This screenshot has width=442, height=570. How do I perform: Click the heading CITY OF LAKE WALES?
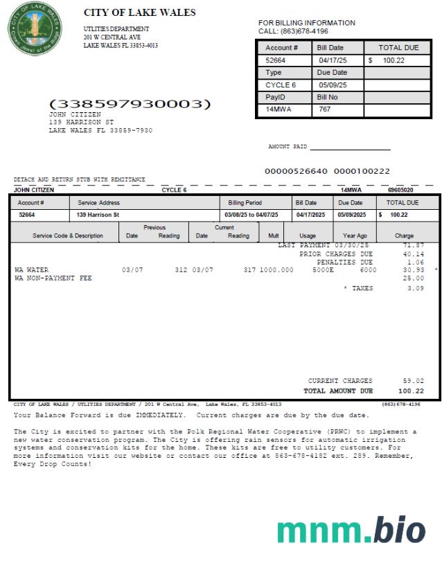[139, 12]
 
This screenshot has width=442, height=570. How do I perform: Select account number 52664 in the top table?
[276, 60]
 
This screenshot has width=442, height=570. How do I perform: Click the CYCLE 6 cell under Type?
[281, 85]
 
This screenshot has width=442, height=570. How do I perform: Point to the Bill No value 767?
[325, 110]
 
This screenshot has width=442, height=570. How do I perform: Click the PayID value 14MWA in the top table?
[279, 110]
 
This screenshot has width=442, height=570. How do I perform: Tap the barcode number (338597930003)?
[130, 104]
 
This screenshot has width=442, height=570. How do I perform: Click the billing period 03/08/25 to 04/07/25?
[251, 215]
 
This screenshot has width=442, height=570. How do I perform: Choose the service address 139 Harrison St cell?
[98, 215]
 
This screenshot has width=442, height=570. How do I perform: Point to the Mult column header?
[273, 235]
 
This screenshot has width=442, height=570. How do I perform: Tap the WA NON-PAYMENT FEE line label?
[53, 278]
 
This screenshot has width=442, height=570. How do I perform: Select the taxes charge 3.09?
[415, 288]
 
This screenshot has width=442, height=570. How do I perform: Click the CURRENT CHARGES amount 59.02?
[413, 381]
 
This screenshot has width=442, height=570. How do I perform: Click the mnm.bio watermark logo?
[351, 530]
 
